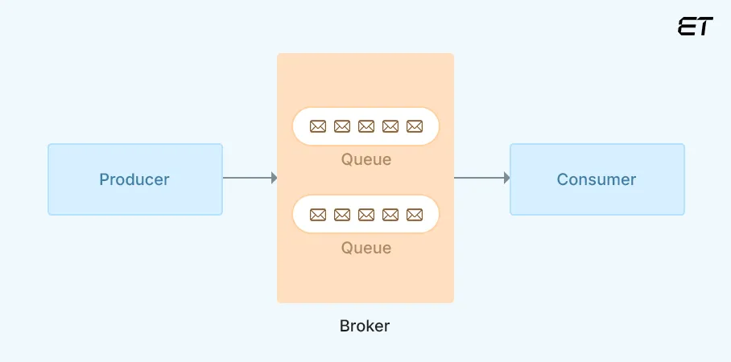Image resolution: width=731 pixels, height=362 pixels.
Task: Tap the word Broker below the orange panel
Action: [365, 327]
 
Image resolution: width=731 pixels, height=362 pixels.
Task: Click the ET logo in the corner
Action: [695, 27]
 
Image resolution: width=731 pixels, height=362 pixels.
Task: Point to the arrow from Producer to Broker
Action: [248, 178]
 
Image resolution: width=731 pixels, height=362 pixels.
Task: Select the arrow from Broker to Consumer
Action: [481, 178]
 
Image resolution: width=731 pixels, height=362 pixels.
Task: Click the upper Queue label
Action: [366, 159]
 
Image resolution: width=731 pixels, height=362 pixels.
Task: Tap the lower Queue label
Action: [366, 248]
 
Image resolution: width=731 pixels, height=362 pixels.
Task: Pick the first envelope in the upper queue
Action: [318, 126]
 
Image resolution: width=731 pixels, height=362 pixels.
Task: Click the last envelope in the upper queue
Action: [415, 126]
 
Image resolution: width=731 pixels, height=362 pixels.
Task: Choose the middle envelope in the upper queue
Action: [366, 126]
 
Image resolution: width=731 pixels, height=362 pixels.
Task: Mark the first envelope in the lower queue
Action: [318, 215]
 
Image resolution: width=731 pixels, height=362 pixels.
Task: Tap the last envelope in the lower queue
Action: [415, 215]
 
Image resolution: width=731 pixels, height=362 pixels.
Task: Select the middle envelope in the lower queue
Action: [366, 215]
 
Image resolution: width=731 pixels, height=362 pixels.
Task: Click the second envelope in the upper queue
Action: [342, 126]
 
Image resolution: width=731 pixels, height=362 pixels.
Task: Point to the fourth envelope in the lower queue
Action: [390, 215]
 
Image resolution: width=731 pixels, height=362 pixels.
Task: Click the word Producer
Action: [134, 179]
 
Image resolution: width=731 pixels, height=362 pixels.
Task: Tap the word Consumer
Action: [597, 179]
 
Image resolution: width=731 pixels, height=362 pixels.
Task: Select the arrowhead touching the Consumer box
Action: [506, 178]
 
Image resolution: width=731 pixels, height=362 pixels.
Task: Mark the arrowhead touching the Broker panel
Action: [274, 178]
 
